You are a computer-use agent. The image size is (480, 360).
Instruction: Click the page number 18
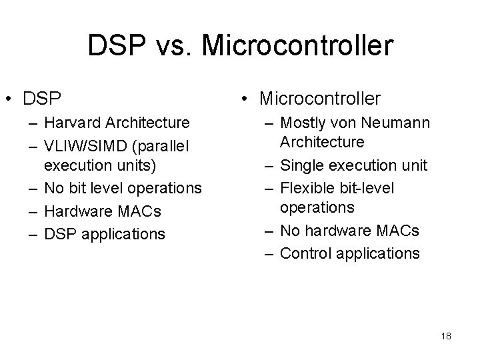[x=446, y=336]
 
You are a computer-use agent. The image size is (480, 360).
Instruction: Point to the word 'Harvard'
[x=70, y=123]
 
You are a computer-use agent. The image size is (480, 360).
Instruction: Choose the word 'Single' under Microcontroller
[x=302, y=165]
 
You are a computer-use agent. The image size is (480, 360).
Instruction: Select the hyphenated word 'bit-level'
[x=367, y=187]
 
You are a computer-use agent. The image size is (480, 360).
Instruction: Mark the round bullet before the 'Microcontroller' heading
[x=245, y=99]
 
